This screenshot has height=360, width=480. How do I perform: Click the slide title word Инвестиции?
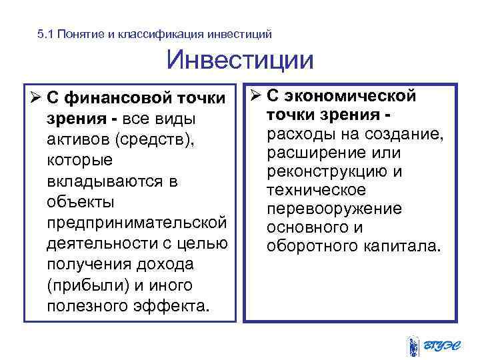(x=240, y=61)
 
